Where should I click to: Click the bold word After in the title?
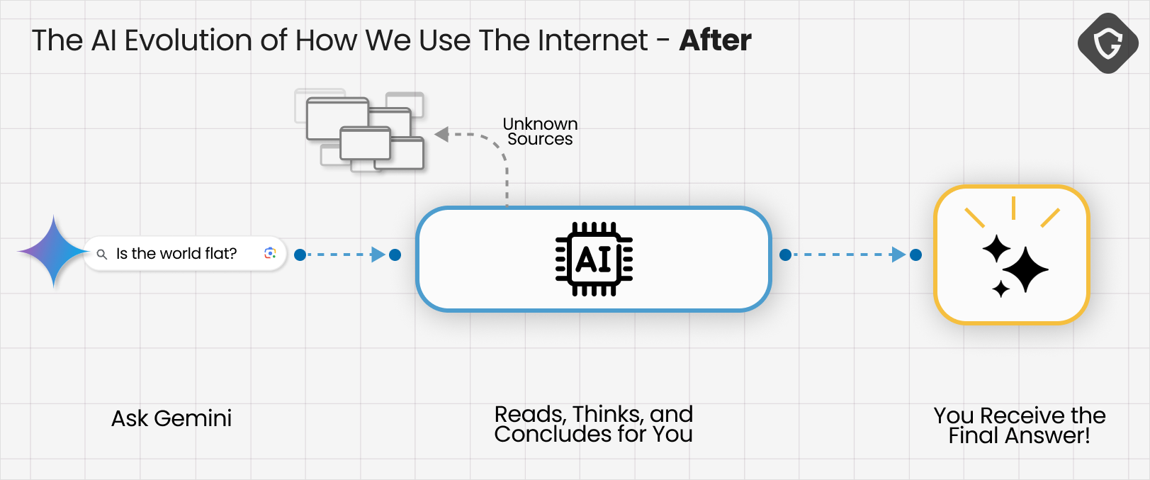[x=715, y=40]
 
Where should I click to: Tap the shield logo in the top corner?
[x=1108, y=43]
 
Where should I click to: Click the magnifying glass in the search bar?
[x=102, y=255]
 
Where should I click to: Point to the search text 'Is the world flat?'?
[x=176, y=254]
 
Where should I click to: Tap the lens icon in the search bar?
[x=270, y=253]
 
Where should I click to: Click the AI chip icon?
[x=594, y=259]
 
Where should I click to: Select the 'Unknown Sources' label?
[x=540, y=132]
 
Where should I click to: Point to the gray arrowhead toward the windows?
[x=441, y=134]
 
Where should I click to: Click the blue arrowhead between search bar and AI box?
[x=378, y=255]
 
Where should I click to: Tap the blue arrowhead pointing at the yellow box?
[x=898, y=255]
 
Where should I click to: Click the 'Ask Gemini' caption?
[x=171, y=419]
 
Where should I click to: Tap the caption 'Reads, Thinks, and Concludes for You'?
[x=594, y=424]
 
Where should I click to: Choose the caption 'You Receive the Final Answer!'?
[x=1020, y=425]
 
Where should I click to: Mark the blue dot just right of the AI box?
[x=785, y=255]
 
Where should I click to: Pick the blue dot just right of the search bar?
[x=300, y=255]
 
